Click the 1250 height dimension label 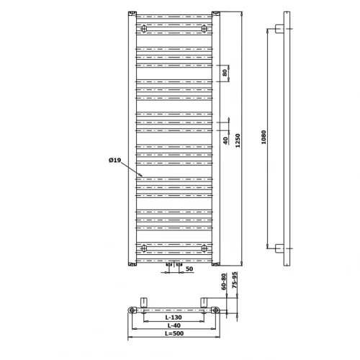pyautogui.click(x=238, y=140)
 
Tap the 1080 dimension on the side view pyautogui.click(x=264, y=137)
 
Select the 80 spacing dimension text pyautogui.click(x=225, y=73)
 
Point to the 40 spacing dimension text pyautogui.click(x=225, y=140)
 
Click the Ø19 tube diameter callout pyautogui.click(x=114, y=160)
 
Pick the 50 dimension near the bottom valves pyautogui.click(x=189, y=269)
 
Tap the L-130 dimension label pyautogui.click(x=174, y=318)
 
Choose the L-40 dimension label pyautogui.click(x=174, y=325)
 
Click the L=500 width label pyautogui.click(x=174, y=333)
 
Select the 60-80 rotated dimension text pyautogui.click(x=224, y=282)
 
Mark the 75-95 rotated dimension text pyautogui.click(x=235, y=280)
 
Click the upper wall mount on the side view pyautogui.click(x=279, y=29)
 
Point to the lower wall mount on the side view pyautogui.click(x=279, y=248)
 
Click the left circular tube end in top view pyautogui.click(x=132, y=310)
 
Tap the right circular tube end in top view pyautogui.click(x=215, y=310)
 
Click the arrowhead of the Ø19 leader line pyautogui.click(x=141, y=176)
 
